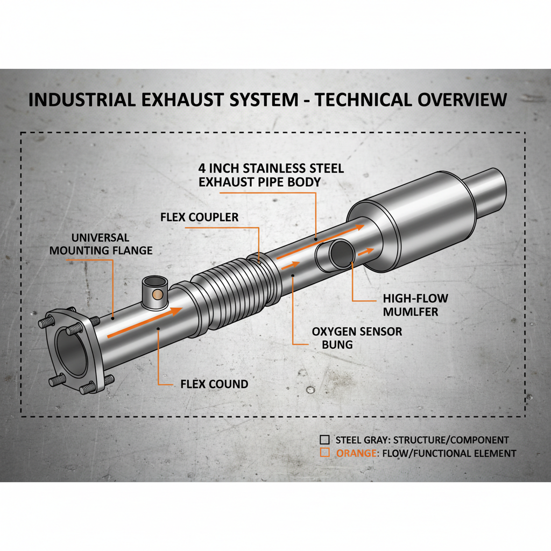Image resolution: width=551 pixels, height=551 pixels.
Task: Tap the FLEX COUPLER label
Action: pyautogui.click(x=199, y=217)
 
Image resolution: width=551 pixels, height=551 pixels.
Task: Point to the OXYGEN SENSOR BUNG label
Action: pyautogui.click(x=357, y=337)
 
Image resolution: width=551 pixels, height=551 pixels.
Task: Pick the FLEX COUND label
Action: pyautogui.click(x=214, y=384)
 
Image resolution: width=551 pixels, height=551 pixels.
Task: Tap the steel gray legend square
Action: pyautogui.click(x=324, y=439)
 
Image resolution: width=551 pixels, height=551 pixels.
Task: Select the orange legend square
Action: pyautogui.click(x=324, y=453)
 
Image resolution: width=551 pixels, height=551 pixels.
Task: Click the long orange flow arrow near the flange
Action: pyautogui.click(x=145, y=323)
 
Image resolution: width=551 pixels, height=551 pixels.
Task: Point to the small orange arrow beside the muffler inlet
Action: pyautogui.click(x=366, y=251)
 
